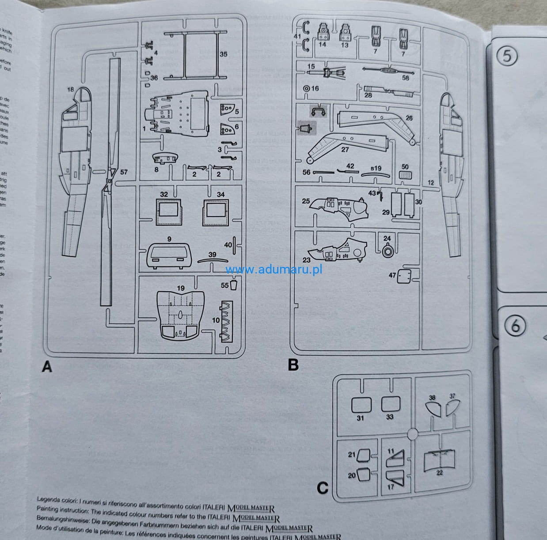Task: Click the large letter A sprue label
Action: pyautogui.click(x=47, y=366)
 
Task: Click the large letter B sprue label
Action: pyautogui.click(x=293, y=365)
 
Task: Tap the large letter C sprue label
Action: pyautogui.click(x=323, y=488)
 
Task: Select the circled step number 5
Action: pyautogui.click(x=507, y=56)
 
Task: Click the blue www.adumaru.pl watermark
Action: pyautogui.click(x=273, y=269)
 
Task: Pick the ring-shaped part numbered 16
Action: pyautogui.click(x=305, y=88)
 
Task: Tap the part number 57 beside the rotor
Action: pyautogui.click(x=124, y=172)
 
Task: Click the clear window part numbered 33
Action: pyautogui.click(x=391, y=403)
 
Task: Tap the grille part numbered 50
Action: pyautogui.click(x=404, y=175)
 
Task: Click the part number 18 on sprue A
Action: pyautogui.click(x=70, y=90)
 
